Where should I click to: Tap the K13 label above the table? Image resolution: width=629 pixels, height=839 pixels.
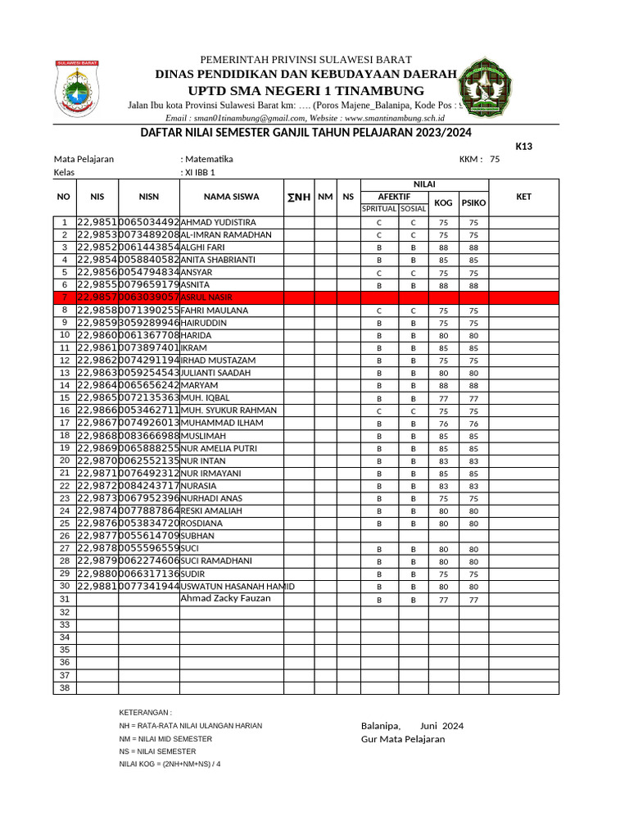[x=523, y=147]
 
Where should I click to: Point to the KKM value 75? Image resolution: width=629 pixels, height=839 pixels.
[x=494, y=159]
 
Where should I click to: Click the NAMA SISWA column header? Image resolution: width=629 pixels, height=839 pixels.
[x=231, y=197]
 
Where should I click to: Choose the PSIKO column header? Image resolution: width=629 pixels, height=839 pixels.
[x=473, y=202]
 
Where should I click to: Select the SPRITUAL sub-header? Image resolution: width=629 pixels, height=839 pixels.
[x=380, y=209]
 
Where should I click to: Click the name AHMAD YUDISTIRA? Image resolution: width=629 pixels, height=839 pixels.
[x=218, y=223]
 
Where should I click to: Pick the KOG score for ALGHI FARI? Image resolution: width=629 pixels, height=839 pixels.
[x=443, y=247]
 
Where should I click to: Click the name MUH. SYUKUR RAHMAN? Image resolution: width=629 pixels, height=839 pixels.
[x=229, y=410]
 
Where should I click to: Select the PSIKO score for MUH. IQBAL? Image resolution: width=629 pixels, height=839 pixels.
[x=473, y=399]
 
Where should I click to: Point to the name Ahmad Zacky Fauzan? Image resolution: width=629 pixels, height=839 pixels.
[x=225, y=598]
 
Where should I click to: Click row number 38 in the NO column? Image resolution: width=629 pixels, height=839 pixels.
[x=65, y=688]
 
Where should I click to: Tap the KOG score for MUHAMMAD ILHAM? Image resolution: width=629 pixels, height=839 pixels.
[x=443, y=424]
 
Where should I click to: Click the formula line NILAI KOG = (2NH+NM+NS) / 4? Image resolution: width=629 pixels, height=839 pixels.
[x=170, y=764]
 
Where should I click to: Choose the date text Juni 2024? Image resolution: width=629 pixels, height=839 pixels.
[x=441, y=726]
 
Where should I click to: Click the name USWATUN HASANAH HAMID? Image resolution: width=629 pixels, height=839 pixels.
[x=238, y=587]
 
